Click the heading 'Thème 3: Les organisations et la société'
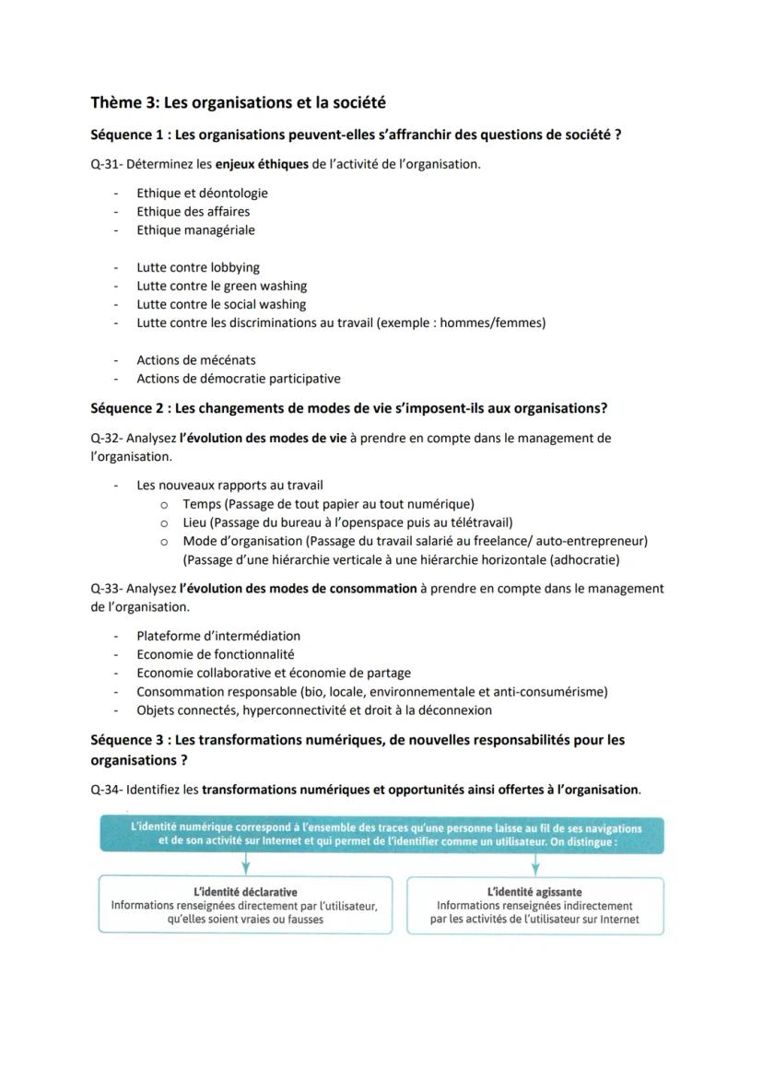pos(238,102)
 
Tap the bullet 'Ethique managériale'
pos(195,230)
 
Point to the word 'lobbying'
pos(236,268)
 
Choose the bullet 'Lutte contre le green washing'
pos(221,287)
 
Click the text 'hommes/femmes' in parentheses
pos(499,323)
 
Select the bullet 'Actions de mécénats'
pos(196,360)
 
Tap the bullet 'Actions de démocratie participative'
pos(238,379)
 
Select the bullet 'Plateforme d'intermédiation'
pos(218,636)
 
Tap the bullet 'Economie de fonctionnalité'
pos(215,654)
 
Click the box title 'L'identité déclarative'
pos(245,892)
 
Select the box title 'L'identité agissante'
pos(534,892)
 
